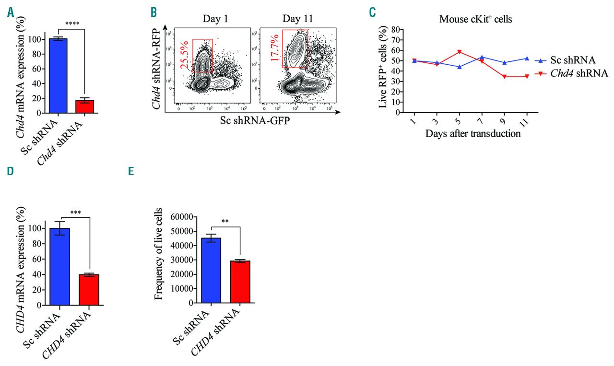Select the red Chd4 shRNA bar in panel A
[x=84, y=106]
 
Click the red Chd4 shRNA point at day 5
[x=460, y=52]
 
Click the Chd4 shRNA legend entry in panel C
[x=571, y=73]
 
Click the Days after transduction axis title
[x=472, y=134]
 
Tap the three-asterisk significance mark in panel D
[x=75, y=212]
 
